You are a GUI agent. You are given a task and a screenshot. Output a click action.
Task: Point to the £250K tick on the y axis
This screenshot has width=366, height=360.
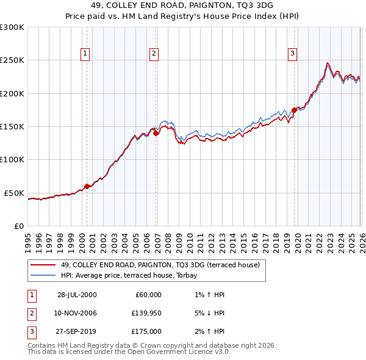[12, 60]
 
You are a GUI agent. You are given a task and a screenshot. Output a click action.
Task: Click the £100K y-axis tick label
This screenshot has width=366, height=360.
[12, 159]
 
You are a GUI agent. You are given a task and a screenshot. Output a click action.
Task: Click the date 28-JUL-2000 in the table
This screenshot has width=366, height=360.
[77, 295]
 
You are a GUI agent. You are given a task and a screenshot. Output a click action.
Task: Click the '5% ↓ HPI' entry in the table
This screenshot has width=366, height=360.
[207, 313]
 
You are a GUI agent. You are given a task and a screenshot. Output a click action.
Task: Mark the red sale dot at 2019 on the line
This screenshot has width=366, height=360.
[294, 110]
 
